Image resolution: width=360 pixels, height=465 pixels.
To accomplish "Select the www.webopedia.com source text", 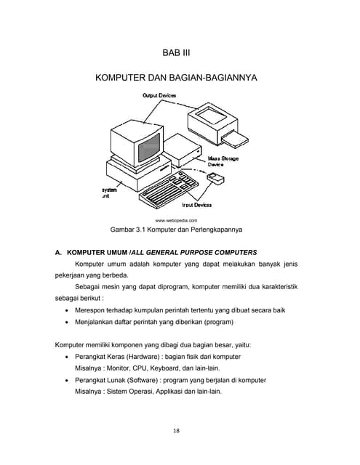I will point(177,219).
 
